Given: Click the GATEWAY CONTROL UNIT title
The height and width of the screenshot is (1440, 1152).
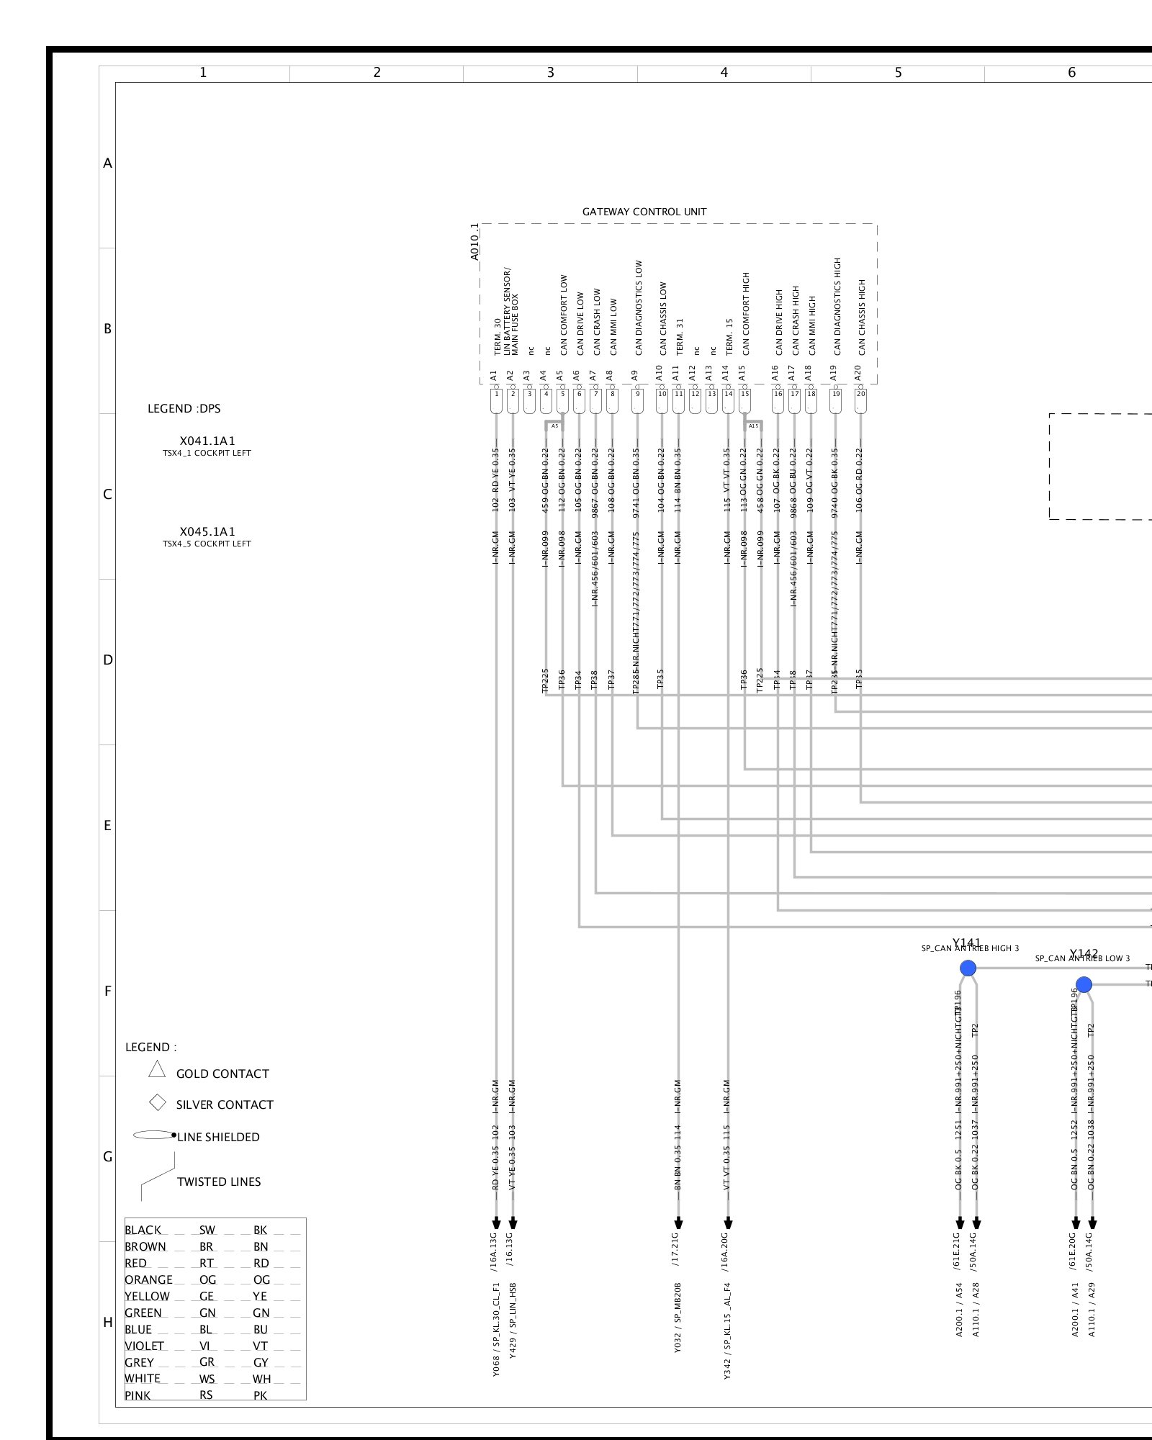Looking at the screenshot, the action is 644,212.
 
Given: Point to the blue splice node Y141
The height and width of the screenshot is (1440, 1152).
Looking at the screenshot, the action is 968,968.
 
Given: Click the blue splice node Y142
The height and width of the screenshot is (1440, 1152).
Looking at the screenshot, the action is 1084,985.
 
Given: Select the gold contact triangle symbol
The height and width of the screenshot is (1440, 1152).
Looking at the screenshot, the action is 157,1070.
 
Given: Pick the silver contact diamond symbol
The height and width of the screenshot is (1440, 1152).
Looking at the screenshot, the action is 157,1102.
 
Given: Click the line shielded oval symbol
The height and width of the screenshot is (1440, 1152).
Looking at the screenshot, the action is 153,1135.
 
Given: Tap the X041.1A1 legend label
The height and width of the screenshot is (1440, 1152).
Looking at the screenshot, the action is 207,441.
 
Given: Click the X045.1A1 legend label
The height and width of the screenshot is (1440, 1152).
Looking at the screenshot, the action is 207,531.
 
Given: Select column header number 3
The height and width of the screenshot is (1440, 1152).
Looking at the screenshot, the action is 551,72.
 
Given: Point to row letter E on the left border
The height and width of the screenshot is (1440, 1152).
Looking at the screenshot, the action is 107,825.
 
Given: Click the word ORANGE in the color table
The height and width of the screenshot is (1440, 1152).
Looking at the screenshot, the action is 148,1279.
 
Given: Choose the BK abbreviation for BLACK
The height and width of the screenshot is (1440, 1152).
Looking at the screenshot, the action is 261,1230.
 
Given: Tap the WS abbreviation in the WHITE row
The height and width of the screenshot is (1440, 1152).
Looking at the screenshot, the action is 207,1378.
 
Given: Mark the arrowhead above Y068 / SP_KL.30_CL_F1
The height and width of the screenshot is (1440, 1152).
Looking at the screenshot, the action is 496,1223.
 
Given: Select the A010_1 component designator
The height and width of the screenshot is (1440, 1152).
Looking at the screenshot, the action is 474,242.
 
